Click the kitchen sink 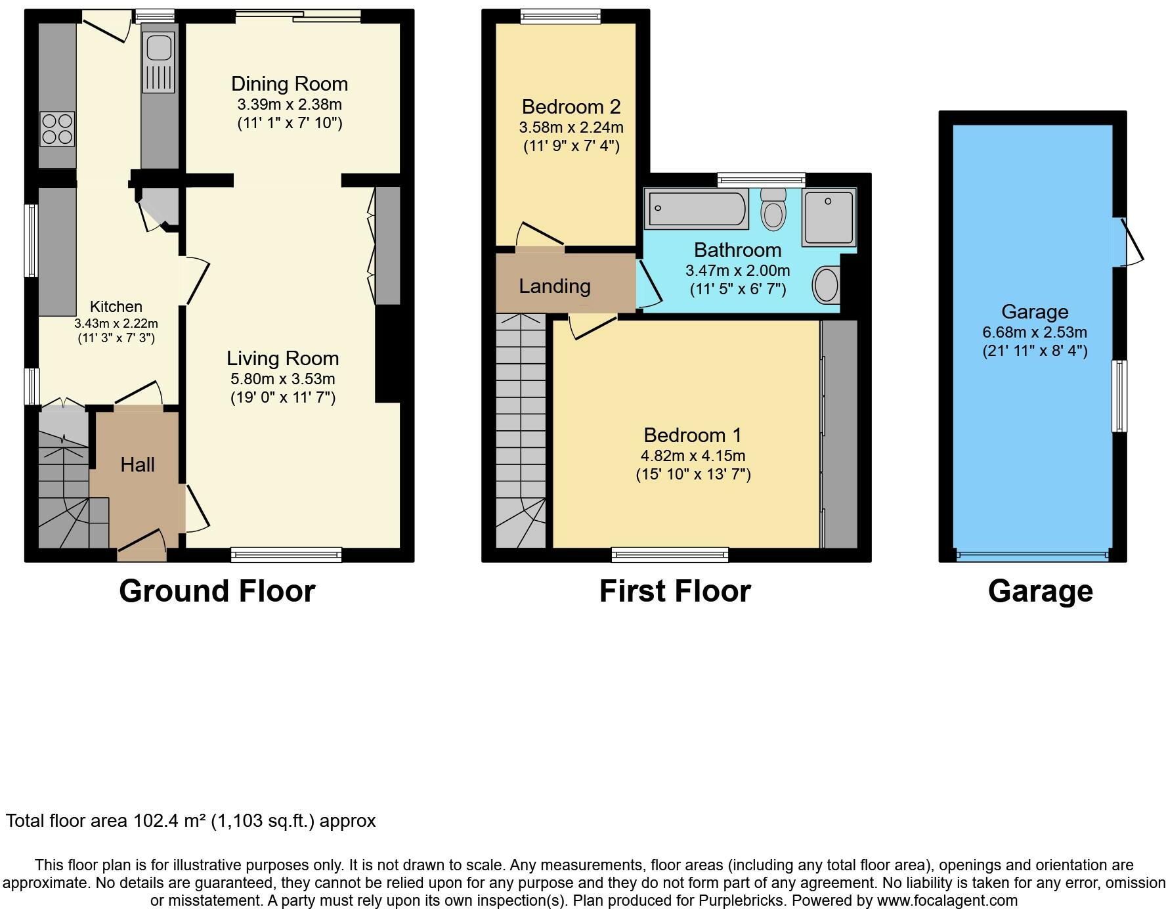click(x=158, y=62)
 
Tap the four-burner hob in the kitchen click(x=57, y=129)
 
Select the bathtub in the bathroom click(x=697, y=208)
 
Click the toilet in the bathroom click(x=774, y=208)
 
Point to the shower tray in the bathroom click(x=829, y=217)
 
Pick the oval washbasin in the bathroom click(x=827, y=285)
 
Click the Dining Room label click(x=290, y=84)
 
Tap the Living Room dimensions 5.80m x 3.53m click(x=283, y=379)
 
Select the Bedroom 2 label click(x=571, y=106)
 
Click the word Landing click(x=555, y=286)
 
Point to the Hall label click(x=137, y=465)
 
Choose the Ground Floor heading click(x=217, y=591)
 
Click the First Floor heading click(x=675, y=591)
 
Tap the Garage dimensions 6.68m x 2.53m click(x=1035, y=332)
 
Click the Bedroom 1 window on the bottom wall click(x=670, y=555)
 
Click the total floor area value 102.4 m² click(x=169, y=821)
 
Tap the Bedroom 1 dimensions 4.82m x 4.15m click(x=693, y=456)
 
